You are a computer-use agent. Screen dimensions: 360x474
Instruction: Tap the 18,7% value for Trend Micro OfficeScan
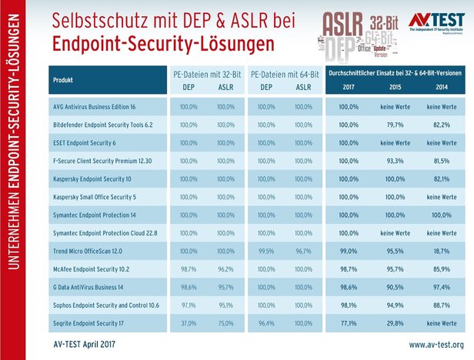tap(436, 252)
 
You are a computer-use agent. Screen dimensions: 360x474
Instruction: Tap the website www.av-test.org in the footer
tap(436, 344)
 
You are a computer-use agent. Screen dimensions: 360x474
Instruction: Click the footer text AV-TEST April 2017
tap(84, 344)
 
